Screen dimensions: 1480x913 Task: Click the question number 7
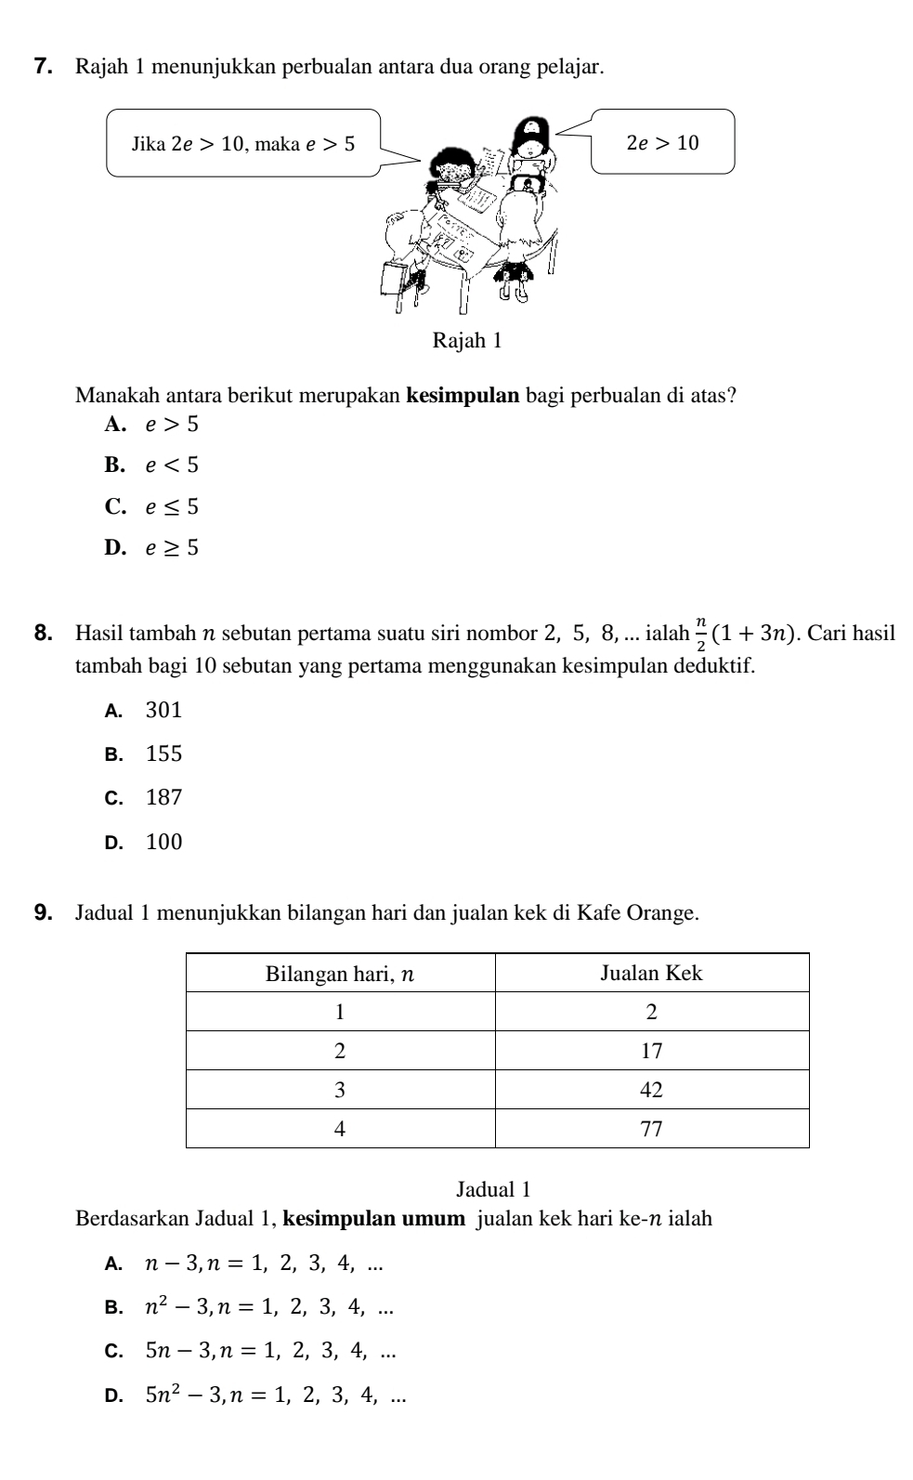[x=41, y=67]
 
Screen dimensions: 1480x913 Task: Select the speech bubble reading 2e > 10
[x=662, y=142]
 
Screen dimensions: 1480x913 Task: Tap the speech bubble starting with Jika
[x=243, y=143]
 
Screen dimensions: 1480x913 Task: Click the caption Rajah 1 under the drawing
[x=466, y=341]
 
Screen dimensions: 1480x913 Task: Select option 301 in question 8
[x=163, y=711]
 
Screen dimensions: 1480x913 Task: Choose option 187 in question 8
[x=163, y=797]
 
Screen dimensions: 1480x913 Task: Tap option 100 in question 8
[x=163, y=843]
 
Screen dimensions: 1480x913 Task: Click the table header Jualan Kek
[x=651, y=973]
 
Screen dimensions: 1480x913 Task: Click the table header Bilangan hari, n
[x=340, y=973]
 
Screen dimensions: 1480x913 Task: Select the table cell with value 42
[x=651, y=1089]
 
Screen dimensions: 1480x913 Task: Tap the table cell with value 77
[x=651, y=1128]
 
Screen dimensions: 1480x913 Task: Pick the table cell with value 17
[x=651, y=1051]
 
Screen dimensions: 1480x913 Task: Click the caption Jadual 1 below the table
[x=492, y=1188]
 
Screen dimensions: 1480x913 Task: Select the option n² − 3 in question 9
[x=268, y=1307]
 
